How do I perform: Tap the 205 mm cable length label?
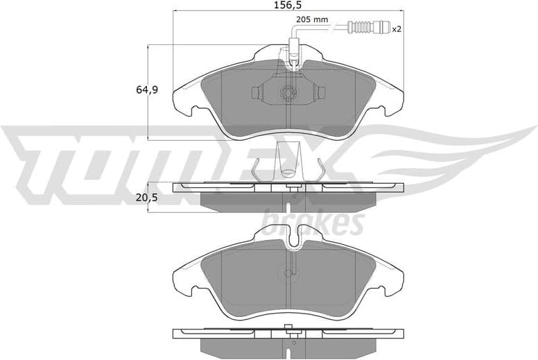(x=312, y=19)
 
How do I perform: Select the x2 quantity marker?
(x=397, y=29)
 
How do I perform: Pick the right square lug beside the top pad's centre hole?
(x=320, y=92)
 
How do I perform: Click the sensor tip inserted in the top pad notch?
(x=294, y=55)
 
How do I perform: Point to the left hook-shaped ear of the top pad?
(x=184, y=103)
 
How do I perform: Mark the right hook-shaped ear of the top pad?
(x=392, y=103)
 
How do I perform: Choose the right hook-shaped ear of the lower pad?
(x=392, y=283)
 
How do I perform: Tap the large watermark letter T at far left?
(x=35, y=156)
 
